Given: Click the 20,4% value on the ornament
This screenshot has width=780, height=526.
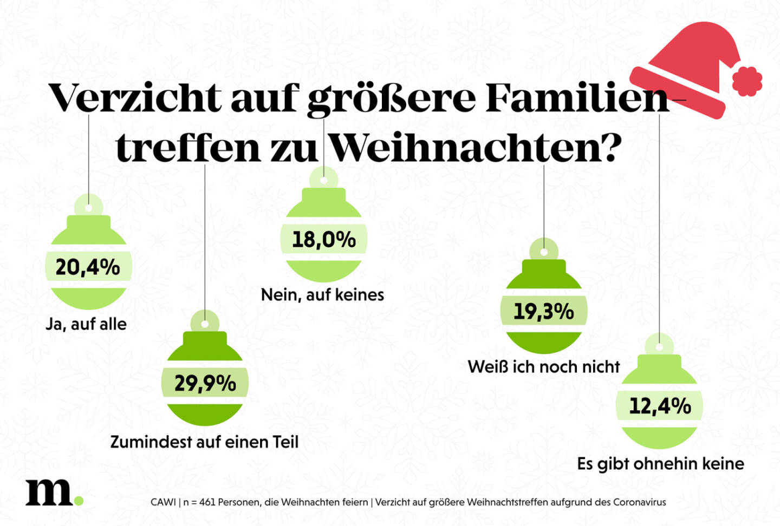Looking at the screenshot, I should coord(88,267).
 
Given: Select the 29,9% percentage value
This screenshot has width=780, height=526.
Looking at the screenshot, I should coord(205,383).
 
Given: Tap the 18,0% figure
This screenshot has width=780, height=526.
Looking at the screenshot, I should coord(323,239).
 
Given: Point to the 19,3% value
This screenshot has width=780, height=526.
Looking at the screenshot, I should coord(543,311).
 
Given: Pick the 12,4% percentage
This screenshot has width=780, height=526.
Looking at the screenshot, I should coord(659,405).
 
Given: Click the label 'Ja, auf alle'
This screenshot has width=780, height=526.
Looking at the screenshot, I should coord(86,324).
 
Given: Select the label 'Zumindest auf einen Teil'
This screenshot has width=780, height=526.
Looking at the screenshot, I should coord(204,442).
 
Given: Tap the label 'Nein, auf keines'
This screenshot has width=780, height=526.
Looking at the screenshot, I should coord(322,295).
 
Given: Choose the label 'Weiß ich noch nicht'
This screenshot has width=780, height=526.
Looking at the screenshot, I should coord(543,367).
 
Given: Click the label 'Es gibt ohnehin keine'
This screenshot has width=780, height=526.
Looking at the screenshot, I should coord(660,464).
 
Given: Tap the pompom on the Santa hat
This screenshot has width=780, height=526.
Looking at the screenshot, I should coord(747,81).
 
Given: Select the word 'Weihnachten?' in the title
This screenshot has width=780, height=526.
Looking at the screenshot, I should coord(475,147).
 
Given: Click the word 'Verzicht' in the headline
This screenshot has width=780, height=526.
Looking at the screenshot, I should coord(135,98).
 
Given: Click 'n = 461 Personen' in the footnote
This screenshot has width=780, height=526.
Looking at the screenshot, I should coord(222,502).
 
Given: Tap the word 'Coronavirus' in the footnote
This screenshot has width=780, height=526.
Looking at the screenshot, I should coord(639,502).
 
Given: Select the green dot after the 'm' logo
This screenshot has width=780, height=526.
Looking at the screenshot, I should coord(79,501).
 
